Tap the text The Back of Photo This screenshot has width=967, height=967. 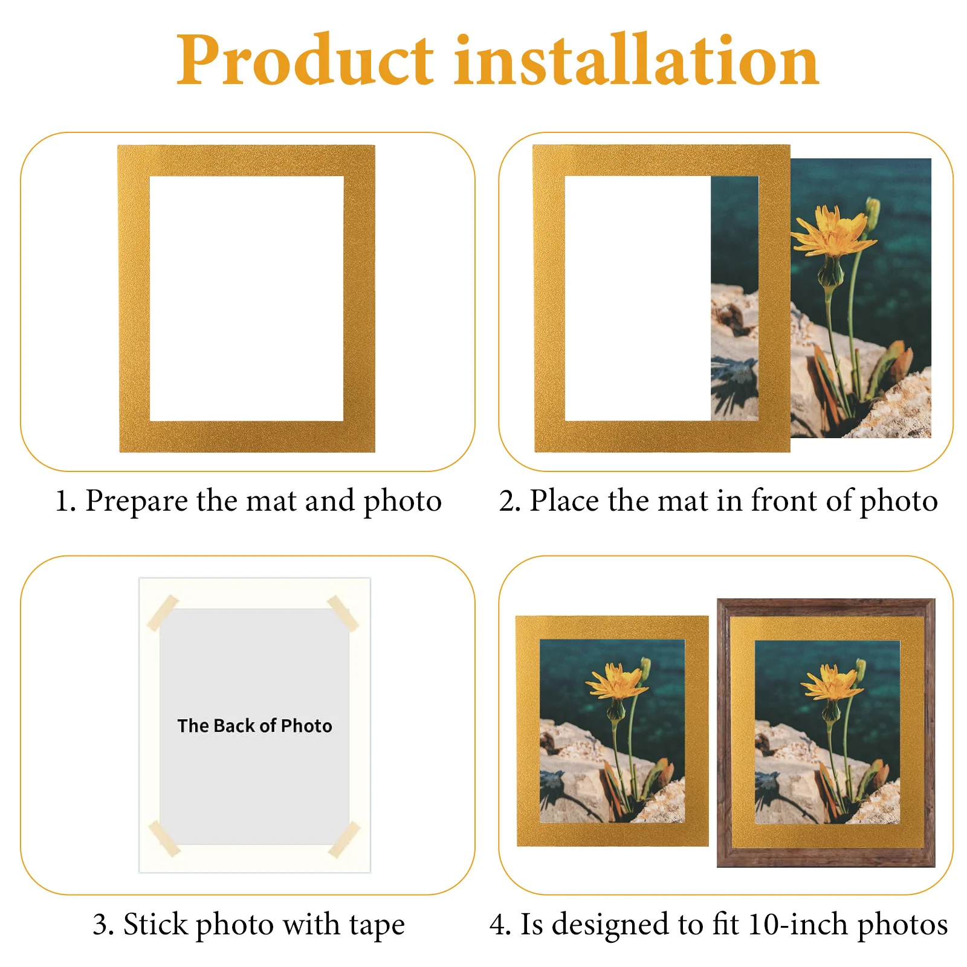click(x=254, y=725)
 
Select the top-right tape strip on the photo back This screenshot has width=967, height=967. click(x=343, y=612)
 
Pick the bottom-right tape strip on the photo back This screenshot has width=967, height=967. click(x=344, y=839)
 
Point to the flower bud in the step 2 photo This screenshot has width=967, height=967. click(x=872, y=212)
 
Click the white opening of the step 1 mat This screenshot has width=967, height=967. click(x=247, y=299)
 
